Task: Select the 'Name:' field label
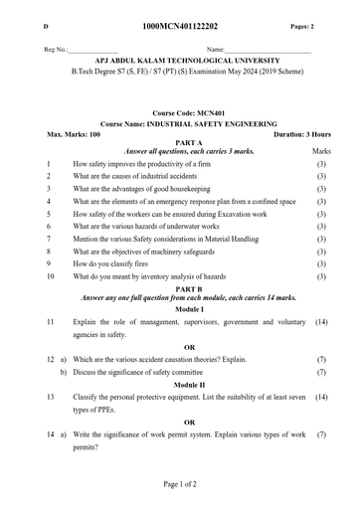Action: point(216,49)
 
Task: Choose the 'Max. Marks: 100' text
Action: point(74,133)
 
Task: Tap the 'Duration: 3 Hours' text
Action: point(302,133)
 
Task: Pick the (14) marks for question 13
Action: point(321,397)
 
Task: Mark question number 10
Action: point(50,277)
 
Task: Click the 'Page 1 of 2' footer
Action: point(180,483)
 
